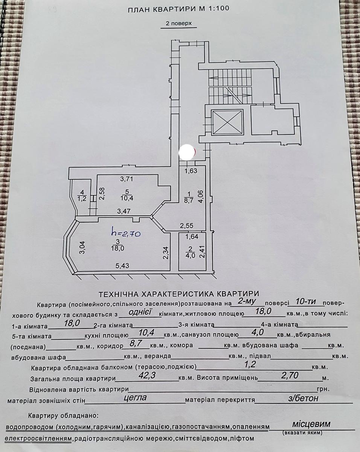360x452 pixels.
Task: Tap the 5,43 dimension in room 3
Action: pyautogui.click(x=122, y=266)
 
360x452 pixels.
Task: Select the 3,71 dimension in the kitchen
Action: pyautogui.click(x=127, y=179)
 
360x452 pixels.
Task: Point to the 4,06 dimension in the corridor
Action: pyautogui.click(x=201, y=196)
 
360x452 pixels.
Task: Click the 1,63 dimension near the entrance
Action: pyautogui.click(x=191, y=171)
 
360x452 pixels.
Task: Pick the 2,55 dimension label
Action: pyautogui.click(x=187, y=226)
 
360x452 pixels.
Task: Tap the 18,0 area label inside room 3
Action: pyautogui.click(x=118, y=248)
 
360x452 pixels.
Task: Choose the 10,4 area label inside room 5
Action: pyautogui.click(x=127, y=198)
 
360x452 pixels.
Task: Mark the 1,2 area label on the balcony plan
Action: pyautogui.click(x=82, y=199)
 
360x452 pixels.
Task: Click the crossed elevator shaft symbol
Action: pyautogui.click(x=227, y=122)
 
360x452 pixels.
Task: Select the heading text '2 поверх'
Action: pyautogui.click(x=179, y=23)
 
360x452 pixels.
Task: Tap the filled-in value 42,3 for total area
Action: pyautogui.click(x=147, y=375)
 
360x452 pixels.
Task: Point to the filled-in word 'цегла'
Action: pyautogui.click(x=135, y=397)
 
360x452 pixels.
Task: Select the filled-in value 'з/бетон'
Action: pyautogui.click(x=303, y=398)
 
